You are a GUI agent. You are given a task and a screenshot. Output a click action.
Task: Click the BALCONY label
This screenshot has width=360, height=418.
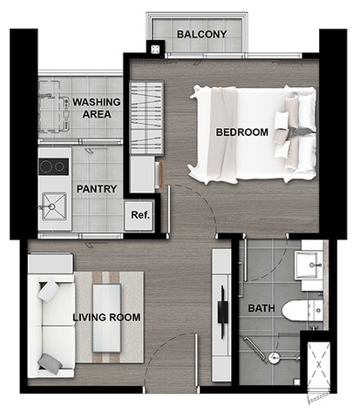201,34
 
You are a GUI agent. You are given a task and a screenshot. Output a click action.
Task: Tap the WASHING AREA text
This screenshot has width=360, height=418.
97,108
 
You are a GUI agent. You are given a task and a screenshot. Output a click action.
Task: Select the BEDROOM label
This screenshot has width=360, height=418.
242,132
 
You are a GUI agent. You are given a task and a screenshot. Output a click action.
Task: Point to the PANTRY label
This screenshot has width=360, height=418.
97,189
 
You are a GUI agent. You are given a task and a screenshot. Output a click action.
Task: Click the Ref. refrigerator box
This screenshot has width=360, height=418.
139,215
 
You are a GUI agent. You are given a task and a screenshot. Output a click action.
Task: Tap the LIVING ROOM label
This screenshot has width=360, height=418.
106,317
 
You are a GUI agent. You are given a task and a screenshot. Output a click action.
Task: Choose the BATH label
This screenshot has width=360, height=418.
262,308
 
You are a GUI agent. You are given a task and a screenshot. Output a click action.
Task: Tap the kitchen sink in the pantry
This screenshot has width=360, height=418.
54,206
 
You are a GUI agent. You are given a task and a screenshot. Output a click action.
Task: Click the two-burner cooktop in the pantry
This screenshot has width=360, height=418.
54,166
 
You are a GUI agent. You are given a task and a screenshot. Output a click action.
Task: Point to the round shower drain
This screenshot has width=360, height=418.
274,358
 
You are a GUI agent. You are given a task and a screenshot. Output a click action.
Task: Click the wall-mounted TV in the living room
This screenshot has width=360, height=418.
223,313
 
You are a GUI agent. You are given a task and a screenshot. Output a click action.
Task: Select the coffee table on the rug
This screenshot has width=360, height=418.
106,318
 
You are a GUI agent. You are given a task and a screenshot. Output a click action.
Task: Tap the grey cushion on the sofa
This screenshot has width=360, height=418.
51,364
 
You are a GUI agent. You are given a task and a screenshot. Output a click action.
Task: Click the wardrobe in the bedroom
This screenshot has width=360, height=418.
146,118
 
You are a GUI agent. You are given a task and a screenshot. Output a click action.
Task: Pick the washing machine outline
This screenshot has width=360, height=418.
54,107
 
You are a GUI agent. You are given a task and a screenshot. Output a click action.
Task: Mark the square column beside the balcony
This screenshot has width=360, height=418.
155,49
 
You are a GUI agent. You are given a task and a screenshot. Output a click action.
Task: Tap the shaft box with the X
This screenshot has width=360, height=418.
319,365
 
